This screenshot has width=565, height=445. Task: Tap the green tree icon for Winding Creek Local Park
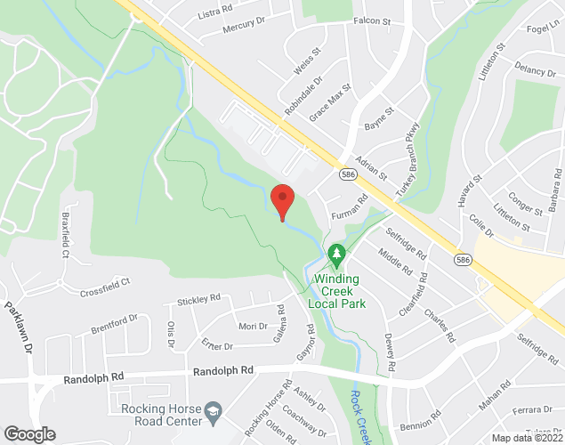(337, 255)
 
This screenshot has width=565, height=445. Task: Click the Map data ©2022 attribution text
(527, 438)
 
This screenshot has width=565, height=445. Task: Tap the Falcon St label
(372, 20)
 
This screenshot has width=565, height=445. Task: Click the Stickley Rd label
(198, 302)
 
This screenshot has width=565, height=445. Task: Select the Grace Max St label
(331, 103)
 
